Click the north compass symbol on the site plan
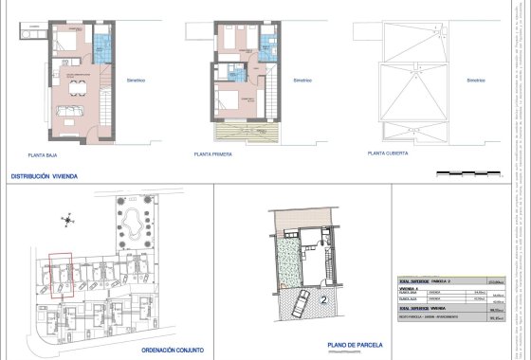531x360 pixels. point(68,223)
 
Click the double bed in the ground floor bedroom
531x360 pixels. point(69,42)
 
